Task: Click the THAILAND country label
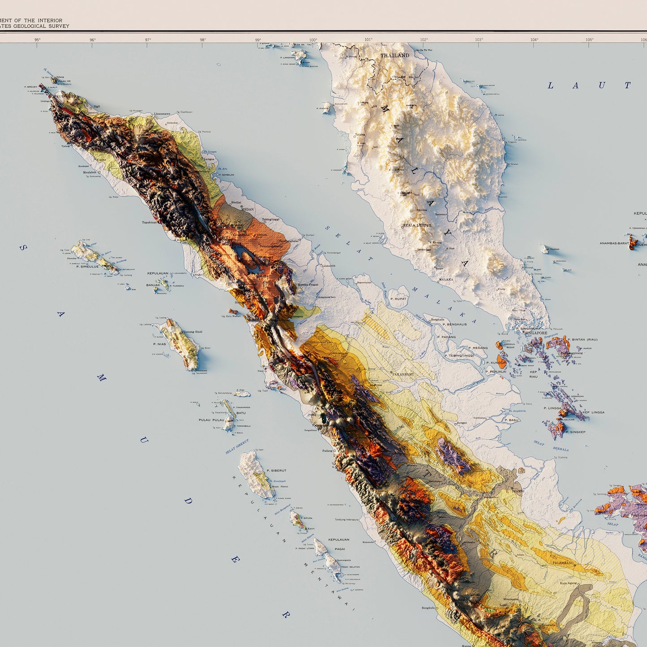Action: point(395,56)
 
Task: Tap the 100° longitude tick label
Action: point(313,40)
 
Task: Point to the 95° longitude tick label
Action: point(38,40)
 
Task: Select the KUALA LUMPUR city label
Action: point(417,225)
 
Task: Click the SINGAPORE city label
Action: point(536,333)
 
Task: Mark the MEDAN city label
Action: point(247,209)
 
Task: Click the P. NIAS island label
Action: point(159,344)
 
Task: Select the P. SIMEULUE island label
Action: point(87,266)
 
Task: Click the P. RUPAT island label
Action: point(398,299)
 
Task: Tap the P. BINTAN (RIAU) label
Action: point(582,339)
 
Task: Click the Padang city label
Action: point(327,451)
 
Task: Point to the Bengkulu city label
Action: point(428,608)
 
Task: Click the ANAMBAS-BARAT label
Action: point(614,243)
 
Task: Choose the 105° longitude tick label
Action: point(589,40)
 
